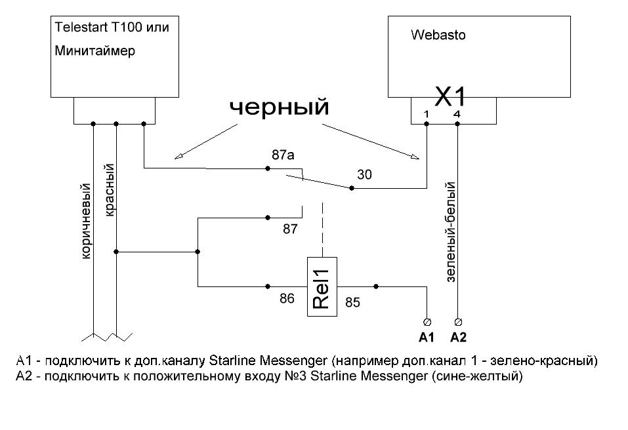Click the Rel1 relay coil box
(x=322, y=286)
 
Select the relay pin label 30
(x=365, y=174)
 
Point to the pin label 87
(x=290, y=229)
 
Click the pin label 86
(x=287, y=298)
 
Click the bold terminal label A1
(x=427, y=338)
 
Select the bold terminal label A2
(x=458, y=338)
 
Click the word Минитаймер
(x=95, y=50)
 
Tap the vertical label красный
(x=110, y=191)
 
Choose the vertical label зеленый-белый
(x=451, y=233)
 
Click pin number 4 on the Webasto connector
(x=457, y=114)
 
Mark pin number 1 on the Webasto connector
(x=427, y=114)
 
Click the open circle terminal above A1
(x=427, y=321)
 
